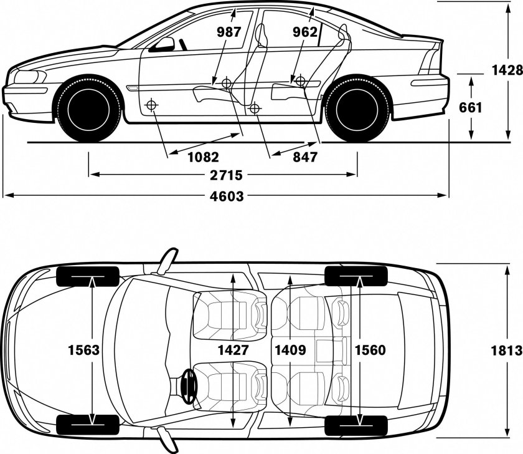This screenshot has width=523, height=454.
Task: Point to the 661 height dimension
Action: tap(471, 107)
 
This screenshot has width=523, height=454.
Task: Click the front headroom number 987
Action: tap(229, 32)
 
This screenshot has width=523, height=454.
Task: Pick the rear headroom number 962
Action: tap(305, 32)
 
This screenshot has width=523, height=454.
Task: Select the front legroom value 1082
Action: tap(203, 157)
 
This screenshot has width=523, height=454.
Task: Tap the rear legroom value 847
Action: tap(305, 157)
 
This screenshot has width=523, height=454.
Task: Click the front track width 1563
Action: tap(83, 350)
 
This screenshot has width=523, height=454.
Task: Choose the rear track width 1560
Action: tap(370, 350)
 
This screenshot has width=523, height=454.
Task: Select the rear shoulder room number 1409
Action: tap(290, 350)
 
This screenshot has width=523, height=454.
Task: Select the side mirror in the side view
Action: tap(165, 44)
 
